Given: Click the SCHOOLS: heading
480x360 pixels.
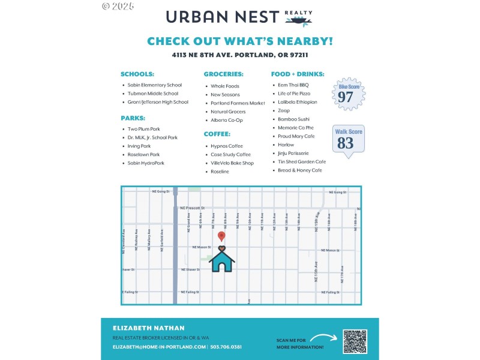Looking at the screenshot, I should (x=137, y=74).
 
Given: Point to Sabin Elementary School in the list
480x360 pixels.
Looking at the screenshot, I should (x=154, y=85).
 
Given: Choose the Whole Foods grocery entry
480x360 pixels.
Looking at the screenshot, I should (x=225, y=86).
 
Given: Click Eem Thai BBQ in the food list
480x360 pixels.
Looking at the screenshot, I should (x=293, y=85).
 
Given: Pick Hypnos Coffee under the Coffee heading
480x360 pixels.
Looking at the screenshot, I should (x=227, y=146).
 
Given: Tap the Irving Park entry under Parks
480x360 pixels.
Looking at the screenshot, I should (x=139, y=146).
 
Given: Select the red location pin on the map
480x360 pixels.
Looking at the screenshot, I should (x=221, y=237).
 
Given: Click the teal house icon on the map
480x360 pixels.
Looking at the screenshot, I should (x=221, y=259).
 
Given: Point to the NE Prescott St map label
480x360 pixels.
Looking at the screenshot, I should (x=192, y=208).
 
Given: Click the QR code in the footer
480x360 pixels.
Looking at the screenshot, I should (x=355, y=341).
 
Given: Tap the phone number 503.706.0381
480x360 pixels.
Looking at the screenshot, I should (x=226, y=347).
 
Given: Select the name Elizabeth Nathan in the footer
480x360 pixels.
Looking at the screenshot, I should (x=149, y=328).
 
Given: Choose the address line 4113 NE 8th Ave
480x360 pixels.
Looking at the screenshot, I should (x=240, y=55).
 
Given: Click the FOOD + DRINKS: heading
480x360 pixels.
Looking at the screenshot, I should (x=298, y=74).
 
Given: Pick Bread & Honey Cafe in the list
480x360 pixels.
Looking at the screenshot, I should (x=300, y=170).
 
